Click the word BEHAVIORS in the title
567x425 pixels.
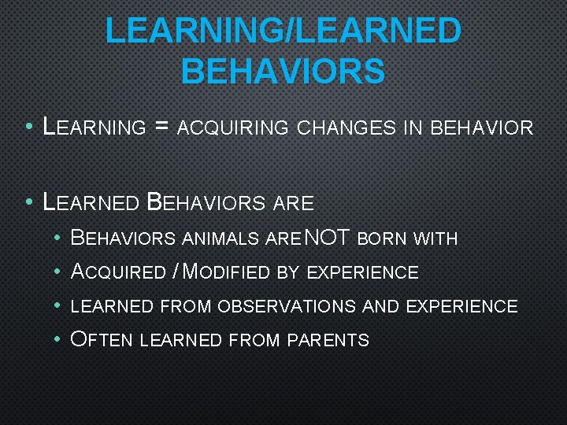[x=283, y=70]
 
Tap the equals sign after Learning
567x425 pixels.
[x=162, y=127]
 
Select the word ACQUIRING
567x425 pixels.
[x=233, y=128]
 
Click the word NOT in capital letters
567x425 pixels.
[x=328, y=238]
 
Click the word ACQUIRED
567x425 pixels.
[x=117, y=272]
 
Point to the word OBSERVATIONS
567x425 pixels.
[x=287, y=307]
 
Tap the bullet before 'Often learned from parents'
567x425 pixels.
[x=58, y=340]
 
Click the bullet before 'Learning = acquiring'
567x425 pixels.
[x=28, y=127]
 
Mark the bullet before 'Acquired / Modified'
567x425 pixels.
[x=58, y=272]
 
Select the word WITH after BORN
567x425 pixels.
[x=435, y=238]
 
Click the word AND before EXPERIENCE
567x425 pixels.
[x=377, y=307]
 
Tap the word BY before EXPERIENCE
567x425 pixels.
[x=287, y=273]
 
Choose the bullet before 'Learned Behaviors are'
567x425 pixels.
[x=28, y=202]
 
